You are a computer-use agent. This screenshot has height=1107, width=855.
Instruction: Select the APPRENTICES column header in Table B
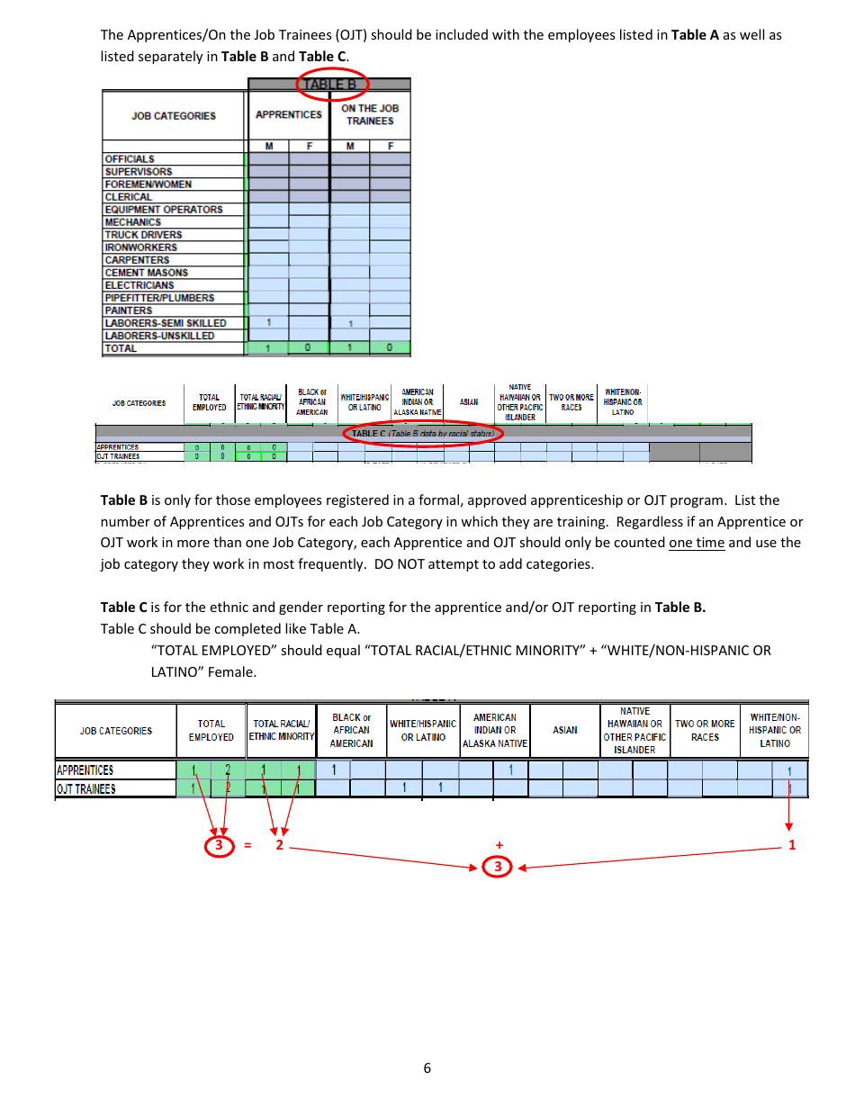(288, 115)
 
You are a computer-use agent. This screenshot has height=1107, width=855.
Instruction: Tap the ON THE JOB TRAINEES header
(369, 114)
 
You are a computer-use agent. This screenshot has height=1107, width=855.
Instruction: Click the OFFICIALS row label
(130, 159)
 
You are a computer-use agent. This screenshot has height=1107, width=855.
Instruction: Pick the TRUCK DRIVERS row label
(143, 235)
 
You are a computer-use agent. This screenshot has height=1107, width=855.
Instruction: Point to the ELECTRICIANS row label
(139, 285)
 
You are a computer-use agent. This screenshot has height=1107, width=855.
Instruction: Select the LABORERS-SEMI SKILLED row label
(166, 323)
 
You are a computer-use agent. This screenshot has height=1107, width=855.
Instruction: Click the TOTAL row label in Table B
(121, 348)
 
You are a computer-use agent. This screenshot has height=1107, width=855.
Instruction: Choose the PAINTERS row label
(129, 310)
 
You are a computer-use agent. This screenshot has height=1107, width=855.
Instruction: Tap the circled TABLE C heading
(423, 434)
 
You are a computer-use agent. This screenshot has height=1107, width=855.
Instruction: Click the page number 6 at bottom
(427, 1068)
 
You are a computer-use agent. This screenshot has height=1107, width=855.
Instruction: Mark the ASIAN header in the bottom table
(565, 730)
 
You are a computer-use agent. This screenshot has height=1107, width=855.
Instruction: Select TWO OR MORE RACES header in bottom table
(705, 730)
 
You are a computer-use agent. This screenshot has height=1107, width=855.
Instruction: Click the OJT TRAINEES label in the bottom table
(85, 789)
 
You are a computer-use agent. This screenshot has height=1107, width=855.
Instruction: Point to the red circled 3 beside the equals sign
(219, 845)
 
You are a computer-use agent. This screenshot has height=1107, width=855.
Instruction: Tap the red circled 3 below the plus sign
(498, 867)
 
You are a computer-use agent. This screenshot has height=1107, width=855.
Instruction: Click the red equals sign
(247, 846)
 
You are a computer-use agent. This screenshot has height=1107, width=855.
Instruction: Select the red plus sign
(499, 845)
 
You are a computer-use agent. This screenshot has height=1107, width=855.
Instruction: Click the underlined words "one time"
(697, 543)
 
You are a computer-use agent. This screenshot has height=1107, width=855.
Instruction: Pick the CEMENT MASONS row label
(146, 273)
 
